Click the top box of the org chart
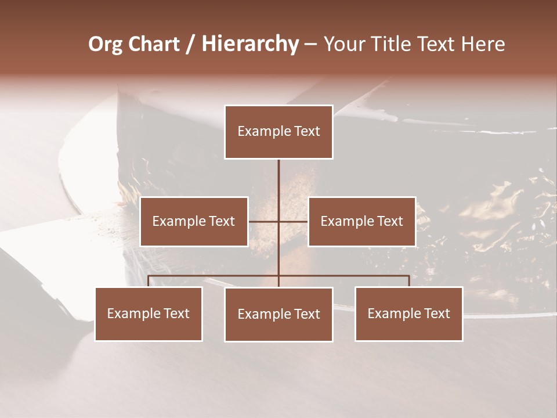(x=278, y=132)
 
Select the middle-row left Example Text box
(x=194, y=221)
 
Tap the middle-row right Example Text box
(x=361, y=221)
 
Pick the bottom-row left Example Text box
(x=149, y=313)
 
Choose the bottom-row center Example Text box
(x=278, y=314)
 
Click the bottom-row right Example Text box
(x=408, y=313)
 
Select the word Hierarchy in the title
(x=250, y=44)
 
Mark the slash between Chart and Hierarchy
(x=190, y=44)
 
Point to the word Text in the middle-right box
(x=390, y=221)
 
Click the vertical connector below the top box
(x=278, y=186)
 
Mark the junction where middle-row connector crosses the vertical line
(x=278, y=221)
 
